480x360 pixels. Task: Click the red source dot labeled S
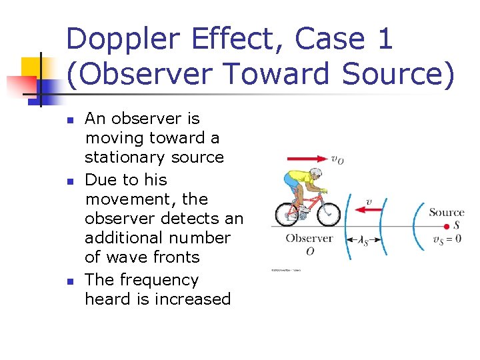(x=447, y=227)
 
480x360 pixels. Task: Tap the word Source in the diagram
(x=447, y=213)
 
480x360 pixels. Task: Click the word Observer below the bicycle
(x=309, y=238)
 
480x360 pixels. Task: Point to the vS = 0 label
(x=447, y=239)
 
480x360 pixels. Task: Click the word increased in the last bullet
(x=193, y=299)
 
